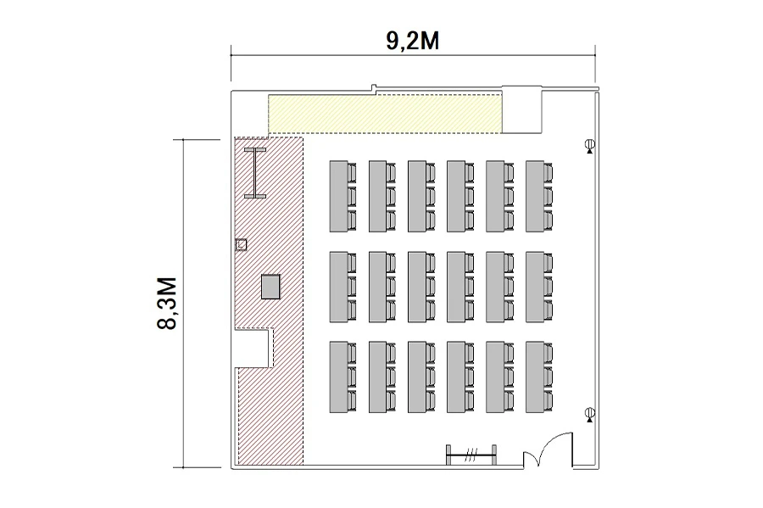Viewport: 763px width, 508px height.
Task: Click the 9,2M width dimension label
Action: tap(413, 41)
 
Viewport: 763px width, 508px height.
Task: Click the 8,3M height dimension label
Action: tap(167, 303)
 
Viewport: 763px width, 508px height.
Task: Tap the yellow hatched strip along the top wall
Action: tap(385, 114)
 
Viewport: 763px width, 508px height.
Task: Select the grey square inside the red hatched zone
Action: tap(270, 287)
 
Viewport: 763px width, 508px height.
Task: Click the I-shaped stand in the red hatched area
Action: tap(255, 173)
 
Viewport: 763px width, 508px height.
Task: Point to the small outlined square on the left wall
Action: tap(241, 244)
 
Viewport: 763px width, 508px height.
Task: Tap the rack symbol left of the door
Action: tap(471, 455)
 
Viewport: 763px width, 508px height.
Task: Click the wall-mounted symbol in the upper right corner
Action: tap(590, 146)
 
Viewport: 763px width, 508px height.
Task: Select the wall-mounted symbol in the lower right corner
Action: tap(590, 415)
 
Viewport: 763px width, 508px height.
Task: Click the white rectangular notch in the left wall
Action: tap(252, 349)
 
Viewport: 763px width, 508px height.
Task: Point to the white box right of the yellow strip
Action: tap(521, 109)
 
